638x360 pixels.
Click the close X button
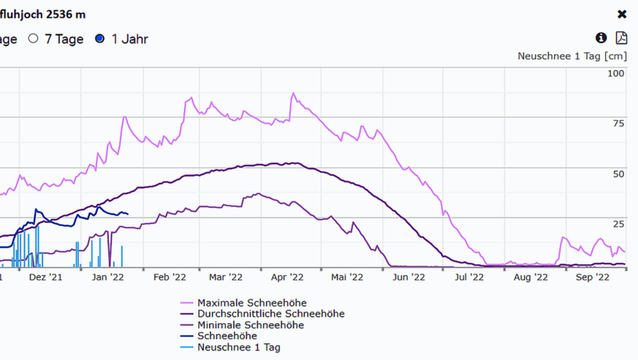pyautogui.click(x=622, y=14)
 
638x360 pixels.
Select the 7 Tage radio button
pyautogui.click(x=34, y=38)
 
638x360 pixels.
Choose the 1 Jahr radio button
pyautogui.click(x=100, y=38)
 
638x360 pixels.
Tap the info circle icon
pyautogui.click(x=601, y=38)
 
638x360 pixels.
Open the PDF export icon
pyautogui.click(x=622, y=38)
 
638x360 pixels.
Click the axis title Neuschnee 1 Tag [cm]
pyautogui.click(x=572, y=56)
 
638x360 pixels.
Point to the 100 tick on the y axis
pyautogui.click(x=616, y=74)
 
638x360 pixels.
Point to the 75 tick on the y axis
pyautogui.click(x=618, y=124)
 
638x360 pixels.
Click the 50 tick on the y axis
pyautogui.click(x=618, y=174)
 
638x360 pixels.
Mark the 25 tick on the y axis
pyautogui.click(x=618, y=224)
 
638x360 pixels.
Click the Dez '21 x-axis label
pyautogui.click(x=45, y=277)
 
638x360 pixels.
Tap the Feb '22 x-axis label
pyautogui.click(x=169, y=277)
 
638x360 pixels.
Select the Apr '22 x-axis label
pyautogui.click(x=287, y=277)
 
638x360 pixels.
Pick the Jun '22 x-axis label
pyautogui.click(x=408, y=277)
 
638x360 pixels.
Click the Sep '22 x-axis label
pyautogui.click(x=593, y=277)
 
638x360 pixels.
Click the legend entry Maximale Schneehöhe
pyautogui.click(x=252, y=303)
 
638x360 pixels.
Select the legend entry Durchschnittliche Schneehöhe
pyautogui.click(x=270, y=314)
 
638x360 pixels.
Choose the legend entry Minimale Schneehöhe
pyautogui.click(x=250, y=325)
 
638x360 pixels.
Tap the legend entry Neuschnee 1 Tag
pyautogui.click(x=238, y=347)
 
